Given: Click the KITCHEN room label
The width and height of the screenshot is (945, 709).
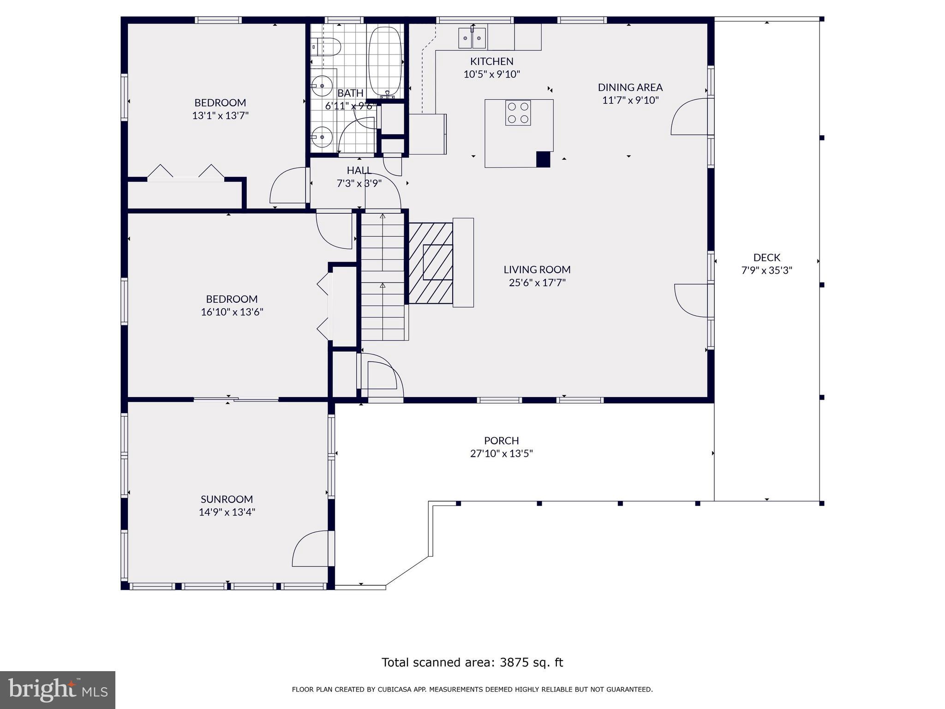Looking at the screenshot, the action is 491,61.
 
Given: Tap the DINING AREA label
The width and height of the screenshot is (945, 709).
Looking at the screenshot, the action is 630,87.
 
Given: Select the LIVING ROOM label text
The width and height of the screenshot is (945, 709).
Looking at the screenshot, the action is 537,270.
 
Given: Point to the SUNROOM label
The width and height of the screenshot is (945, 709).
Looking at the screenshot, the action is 227,499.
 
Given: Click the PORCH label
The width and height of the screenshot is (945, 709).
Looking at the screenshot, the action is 502,440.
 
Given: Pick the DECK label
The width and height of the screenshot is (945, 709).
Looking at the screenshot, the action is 767,258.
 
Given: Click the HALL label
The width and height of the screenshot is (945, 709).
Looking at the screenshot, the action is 359,170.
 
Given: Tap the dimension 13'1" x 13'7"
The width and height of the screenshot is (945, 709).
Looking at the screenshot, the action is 221,115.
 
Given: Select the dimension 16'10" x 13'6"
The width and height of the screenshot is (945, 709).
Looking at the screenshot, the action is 232,312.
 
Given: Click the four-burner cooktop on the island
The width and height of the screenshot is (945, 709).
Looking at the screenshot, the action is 518,113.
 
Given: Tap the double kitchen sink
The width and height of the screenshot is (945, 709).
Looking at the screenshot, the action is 472,37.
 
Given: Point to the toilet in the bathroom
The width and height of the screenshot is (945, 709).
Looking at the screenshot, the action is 326,46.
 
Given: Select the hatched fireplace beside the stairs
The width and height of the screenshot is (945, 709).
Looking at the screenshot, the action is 431,263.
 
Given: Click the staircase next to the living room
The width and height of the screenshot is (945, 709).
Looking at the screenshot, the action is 383,276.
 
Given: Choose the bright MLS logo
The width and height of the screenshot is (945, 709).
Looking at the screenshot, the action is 58,690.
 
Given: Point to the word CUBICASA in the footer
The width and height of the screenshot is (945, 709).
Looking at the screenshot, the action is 395,690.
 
